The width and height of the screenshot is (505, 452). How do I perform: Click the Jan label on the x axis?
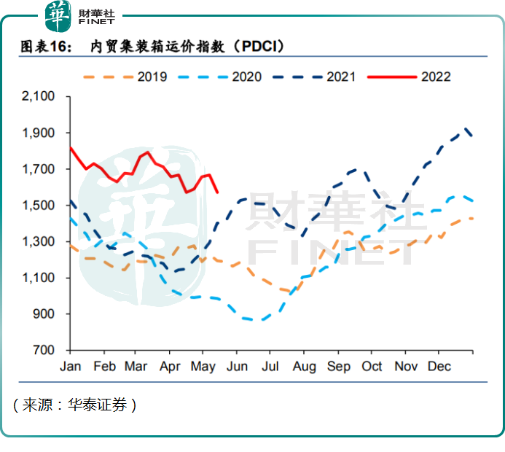point(70,366)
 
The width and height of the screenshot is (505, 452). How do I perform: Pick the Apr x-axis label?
point(170,366)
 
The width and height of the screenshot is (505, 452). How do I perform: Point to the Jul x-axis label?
point(270,366)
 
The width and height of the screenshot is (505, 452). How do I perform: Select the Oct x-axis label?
point(372,366)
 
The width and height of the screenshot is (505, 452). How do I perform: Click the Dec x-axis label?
point(439,366)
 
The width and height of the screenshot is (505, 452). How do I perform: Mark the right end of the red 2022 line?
point(218,192)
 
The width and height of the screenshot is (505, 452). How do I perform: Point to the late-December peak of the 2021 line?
point(466,128)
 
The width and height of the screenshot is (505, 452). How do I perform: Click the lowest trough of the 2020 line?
point(254,320)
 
